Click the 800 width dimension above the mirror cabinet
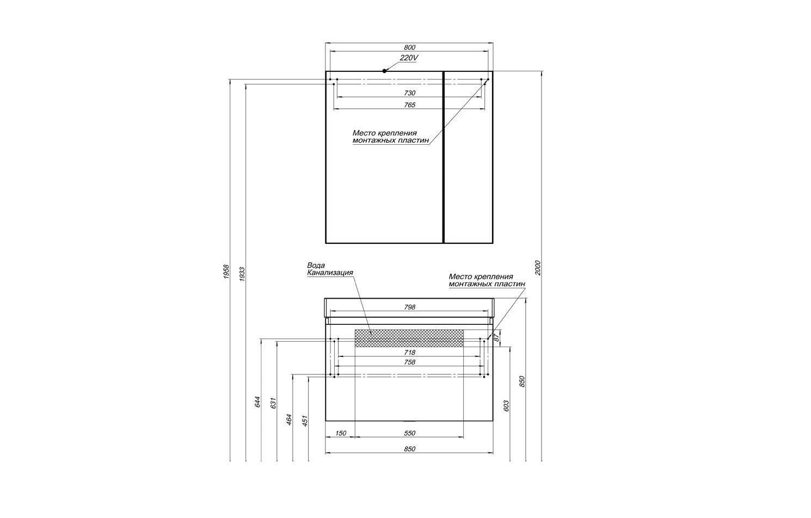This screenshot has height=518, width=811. tap(409, 47)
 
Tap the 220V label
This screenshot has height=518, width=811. tap(409, 58)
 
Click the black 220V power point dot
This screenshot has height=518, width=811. tap(384, 71)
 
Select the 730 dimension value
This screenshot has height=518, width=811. tap(409, 93)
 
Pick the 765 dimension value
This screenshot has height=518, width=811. tap(409, 105)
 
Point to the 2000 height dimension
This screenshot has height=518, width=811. tap(537, 268)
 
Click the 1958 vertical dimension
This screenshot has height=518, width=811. tap(226, 272)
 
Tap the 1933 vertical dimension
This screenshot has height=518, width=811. tap(242, 274)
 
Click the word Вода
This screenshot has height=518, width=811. tap(316, 266)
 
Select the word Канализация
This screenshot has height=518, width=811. tap(330, 273)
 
